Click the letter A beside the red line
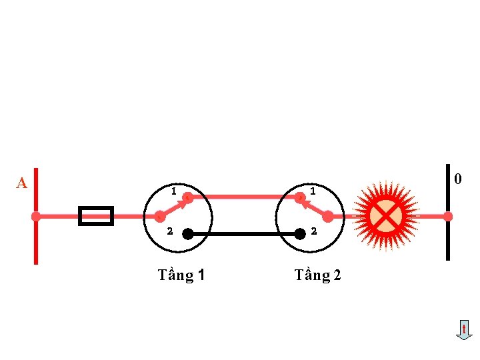pos(22,183)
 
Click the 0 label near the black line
pos(457,179)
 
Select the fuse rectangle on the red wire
pos(96,216)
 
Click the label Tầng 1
pos(181,275)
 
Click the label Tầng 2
pos(317,275)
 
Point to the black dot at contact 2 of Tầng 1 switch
pos(188,234)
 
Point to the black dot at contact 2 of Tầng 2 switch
pos(300,234)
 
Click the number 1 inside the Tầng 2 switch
pos(312,192)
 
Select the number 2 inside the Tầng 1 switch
pos(169,232)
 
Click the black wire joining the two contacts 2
pos(244,234)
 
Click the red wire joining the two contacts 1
pos(244,197)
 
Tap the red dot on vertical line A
pos(36,217)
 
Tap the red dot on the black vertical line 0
pos(448,217)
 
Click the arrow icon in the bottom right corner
pos(464,330)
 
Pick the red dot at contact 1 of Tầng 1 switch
pos(188,197)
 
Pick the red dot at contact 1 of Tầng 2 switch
pos(300,197)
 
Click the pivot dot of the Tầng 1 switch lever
pos(160,217)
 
